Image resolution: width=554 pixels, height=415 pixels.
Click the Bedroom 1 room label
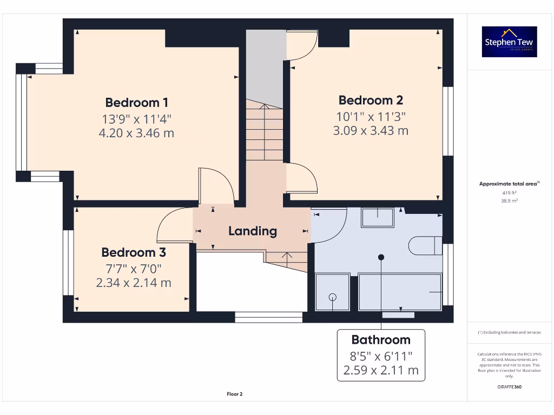[x=136, y=102]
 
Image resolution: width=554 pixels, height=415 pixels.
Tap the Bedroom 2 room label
[x=371, y=100]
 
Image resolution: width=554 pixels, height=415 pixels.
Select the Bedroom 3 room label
[x=134, y=252]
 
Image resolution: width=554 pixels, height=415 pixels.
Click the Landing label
[x=252, y=231]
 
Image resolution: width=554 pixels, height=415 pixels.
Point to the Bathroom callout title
[x=381, y=340]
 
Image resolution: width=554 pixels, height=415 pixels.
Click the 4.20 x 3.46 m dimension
[x=136, y=133]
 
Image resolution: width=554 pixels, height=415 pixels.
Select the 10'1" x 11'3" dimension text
[x=371, y=116]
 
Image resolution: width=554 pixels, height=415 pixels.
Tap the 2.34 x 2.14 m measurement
[x=134, y=283]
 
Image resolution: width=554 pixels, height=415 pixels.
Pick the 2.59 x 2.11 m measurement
[x=381, y=370]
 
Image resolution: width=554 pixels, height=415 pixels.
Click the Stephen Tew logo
[x=509, y=42]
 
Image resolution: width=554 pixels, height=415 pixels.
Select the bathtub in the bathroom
[x=400, y=292]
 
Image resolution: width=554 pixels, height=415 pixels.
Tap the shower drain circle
[x=332, y=297]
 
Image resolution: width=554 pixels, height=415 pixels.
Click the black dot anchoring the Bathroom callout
[x=381, y=257]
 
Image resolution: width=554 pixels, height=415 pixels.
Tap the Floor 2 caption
[x=234, y=394]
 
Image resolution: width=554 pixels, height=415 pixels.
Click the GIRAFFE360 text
[x=509, y=387]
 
